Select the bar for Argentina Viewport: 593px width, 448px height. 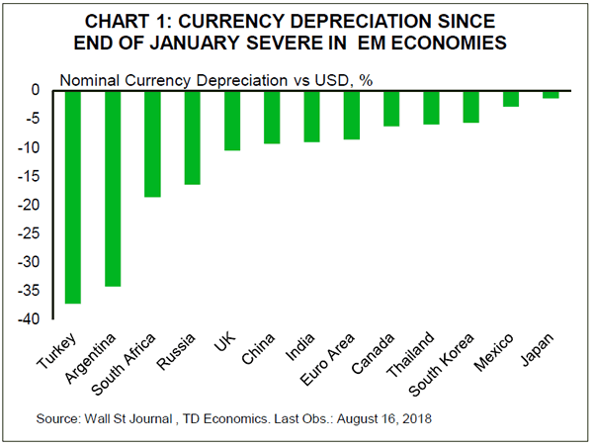pyautogui.click(x=113, y=188)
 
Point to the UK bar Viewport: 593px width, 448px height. pyautogui.click(x=232, y=120)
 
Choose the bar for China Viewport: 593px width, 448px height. pyautogui.click(x=272, y=117)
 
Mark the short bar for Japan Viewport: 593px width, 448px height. pyautogui.click(x=551, y=94)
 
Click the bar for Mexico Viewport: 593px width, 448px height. pyautogui.click(x=511, y=98)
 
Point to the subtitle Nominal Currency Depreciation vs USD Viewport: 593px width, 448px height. pyautogui.click(x=208, y=79)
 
